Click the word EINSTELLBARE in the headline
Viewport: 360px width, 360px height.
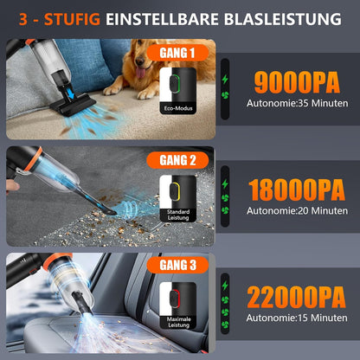[165, 17]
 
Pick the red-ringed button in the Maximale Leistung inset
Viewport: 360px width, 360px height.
[177, 297]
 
